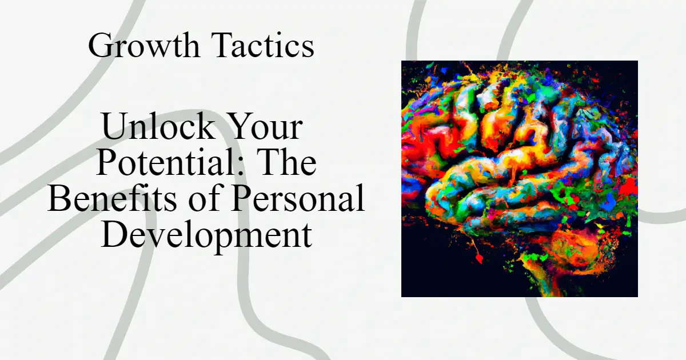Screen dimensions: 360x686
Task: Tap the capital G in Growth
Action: [101, 46]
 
